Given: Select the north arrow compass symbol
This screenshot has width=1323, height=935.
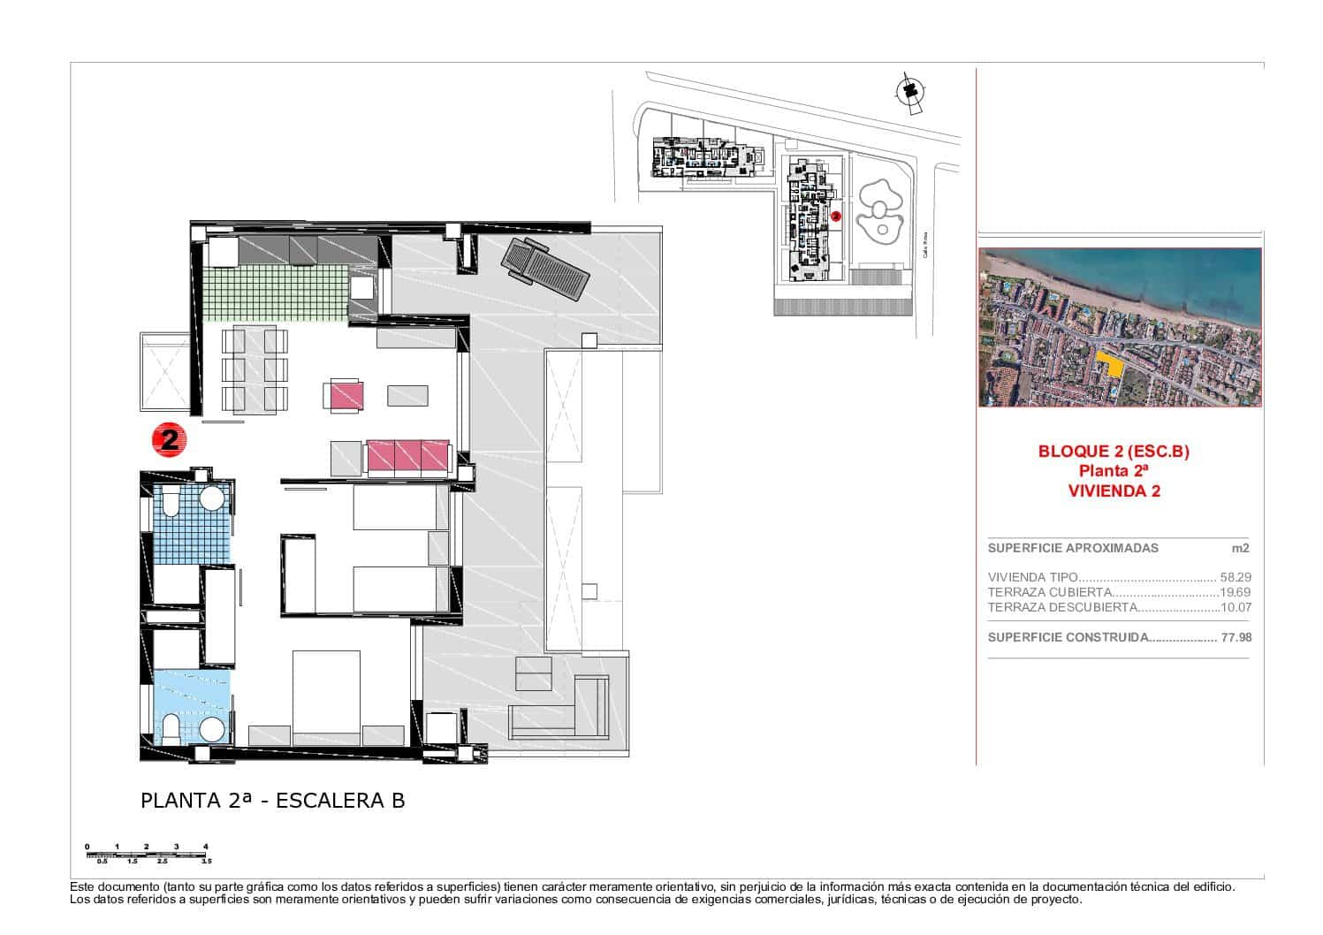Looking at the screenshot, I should tap(909, 92).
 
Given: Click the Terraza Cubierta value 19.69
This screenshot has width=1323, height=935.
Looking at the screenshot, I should tap(1236, 592).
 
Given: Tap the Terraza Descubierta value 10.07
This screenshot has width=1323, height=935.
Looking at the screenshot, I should tap(1236, 607).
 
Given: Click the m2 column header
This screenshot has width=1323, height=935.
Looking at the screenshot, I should tap(1240, 548).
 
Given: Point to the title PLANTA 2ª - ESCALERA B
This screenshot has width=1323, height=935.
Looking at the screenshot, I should tap(272, 801).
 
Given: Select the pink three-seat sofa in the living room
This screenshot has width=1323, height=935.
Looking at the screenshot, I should tap(407, 457).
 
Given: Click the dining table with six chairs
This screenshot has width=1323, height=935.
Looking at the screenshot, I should tap(254, 369).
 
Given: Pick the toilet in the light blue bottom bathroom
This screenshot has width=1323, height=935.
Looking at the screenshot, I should tap(171, 729).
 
